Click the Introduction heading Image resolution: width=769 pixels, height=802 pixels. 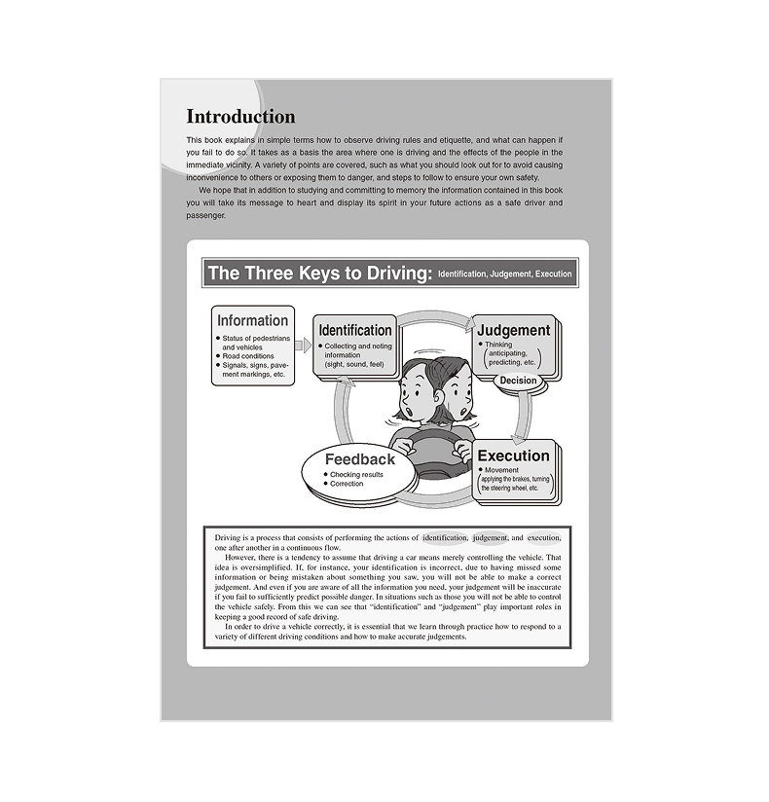[240, 117]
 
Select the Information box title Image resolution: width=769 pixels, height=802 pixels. [252, 320]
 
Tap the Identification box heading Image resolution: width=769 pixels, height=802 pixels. [355, 330]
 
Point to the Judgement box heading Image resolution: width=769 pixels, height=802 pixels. [513, 330]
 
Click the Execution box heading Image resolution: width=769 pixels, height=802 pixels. [513, 456]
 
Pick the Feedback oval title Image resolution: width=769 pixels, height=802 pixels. [360, 459]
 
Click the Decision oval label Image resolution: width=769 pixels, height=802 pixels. [518, 381]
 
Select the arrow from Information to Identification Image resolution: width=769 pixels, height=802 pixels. [302, 346]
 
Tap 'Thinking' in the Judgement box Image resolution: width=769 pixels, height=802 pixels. [497, 345]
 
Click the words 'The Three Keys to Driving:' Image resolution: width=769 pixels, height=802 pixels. [319, 273]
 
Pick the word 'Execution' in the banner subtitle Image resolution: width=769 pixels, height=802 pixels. [553, 274]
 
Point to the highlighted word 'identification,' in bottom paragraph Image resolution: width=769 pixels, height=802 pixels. [445, 537]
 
